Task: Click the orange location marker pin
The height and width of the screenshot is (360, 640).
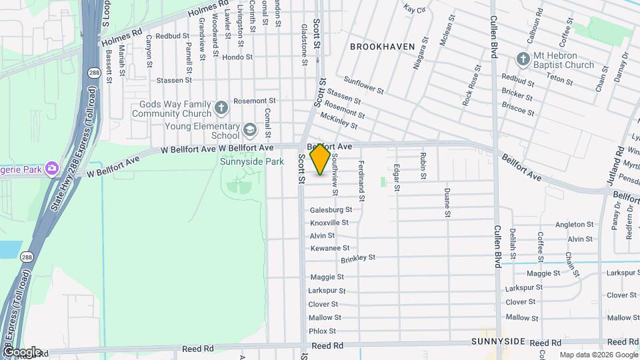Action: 321,159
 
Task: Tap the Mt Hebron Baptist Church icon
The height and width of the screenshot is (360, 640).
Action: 523,59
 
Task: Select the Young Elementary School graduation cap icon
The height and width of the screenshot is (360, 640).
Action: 249,129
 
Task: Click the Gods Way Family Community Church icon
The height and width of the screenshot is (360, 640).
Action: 221,105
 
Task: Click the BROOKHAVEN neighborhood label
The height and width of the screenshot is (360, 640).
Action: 382,47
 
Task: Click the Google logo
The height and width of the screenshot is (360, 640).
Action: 21,351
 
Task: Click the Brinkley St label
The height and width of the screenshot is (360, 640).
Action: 358,257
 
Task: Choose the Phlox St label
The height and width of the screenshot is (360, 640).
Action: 322,331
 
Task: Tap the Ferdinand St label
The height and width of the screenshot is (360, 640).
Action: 361,181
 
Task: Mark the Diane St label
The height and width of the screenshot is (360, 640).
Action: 447,203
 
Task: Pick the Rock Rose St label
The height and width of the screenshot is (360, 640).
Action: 471,86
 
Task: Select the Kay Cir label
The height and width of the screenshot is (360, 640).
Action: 415,9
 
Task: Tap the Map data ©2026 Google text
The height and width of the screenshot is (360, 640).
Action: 597,355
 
